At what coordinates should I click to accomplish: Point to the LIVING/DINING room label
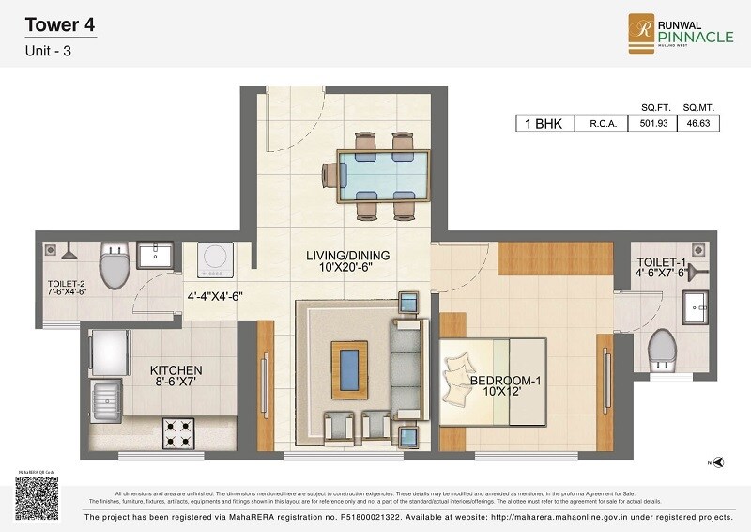tap(347, 261)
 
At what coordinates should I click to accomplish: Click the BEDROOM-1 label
tap(507, 386)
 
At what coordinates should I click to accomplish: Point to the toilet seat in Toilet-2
tap(114, 267)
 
